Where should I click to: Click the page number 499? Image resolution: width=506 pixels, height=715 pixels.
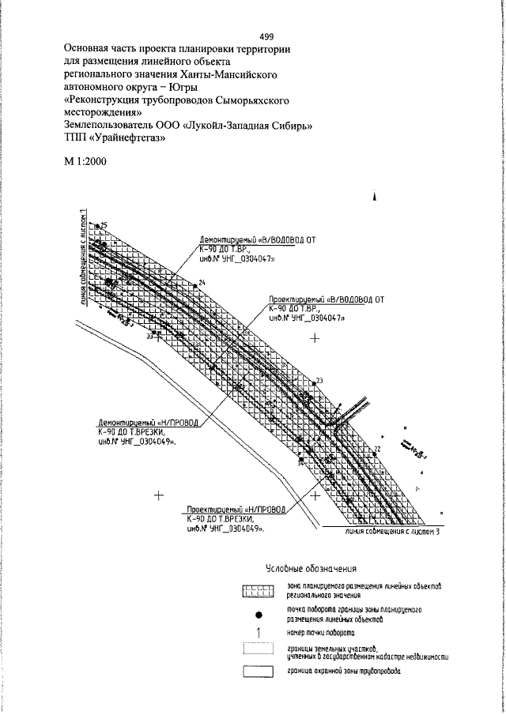266,36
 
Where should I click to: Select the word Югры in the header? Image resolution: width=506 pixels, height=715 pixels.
180,87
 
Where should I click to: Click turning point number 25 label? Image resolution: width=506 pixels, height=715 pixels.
103,226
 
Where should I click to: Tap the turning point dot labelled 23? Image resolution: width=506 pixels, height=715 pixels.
315,382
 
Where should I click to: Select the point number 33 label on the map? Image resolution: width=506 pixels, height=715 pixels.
150,337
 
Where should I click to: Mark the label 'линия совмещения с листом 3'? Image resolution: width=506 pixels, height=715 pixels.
392,531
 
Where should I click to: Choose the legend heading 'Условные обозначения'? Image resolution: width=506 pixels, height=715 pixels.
309,567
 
